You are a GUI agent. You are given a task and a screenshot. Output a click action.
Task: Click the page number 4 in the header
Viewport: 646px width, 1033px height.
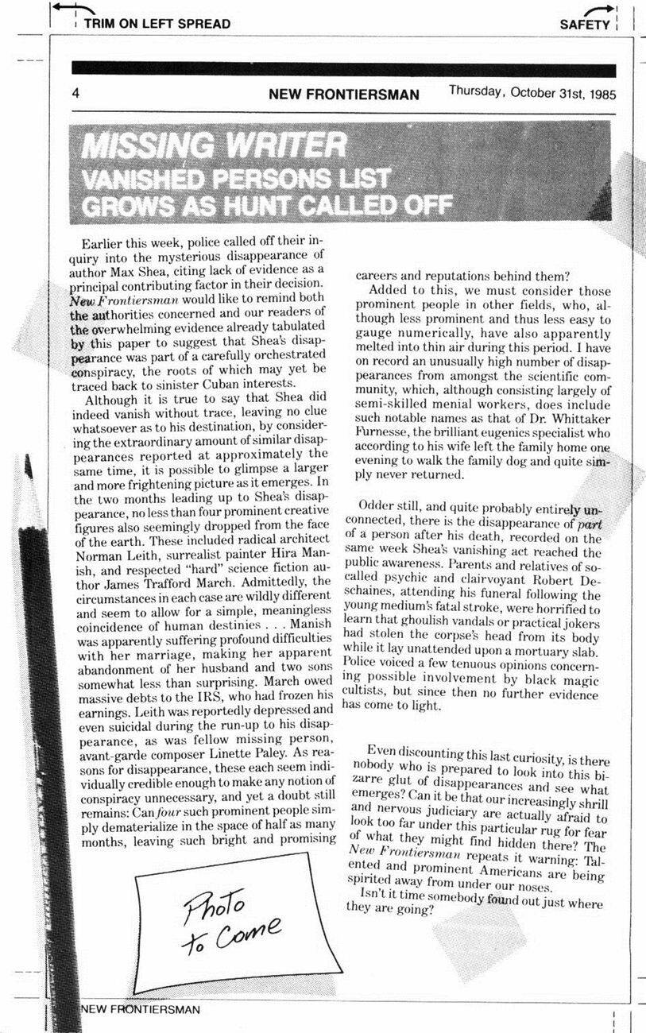[75, 94]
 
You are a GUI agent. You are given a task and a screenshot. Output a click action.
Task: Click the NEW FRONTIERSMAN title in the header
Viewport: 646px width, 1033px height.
[343, 95]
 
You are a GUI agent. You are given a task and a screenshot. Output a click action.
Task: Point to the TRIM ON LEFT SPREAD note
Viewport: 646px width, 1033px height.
[157, 24]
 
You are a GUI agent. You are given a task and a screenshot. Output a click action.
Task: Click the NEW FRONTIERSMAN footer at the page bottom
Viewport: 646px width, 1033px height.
[141, 1009]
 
